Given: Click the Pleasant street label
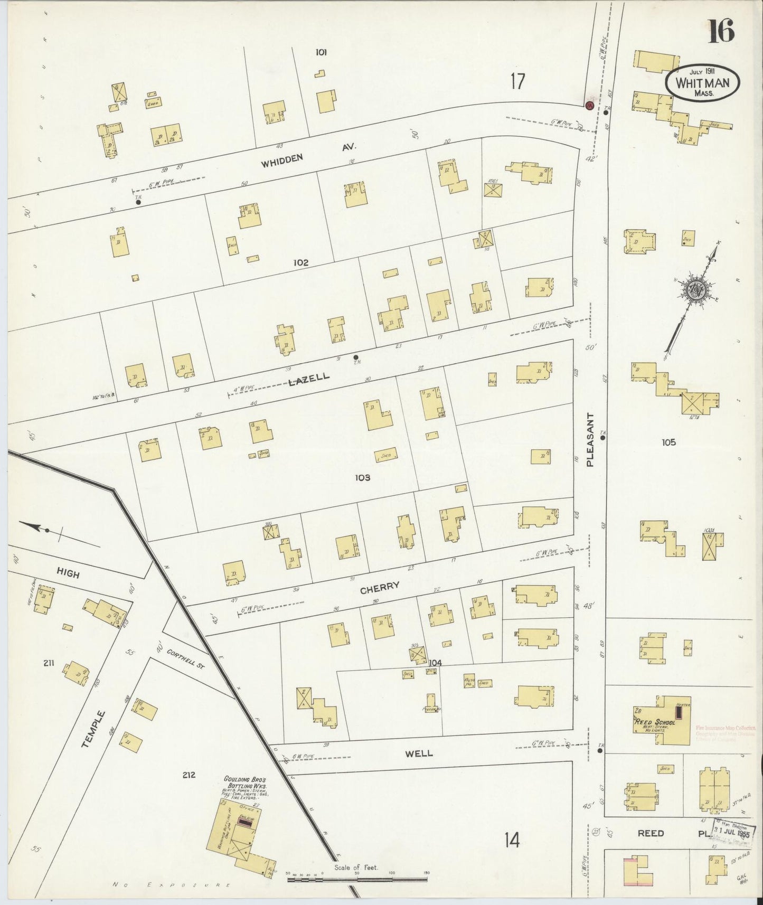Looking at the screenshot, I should point(590,439).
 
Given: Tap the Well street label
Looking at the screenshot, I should point(419,753).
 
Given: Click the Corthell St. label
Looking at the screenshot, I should point(185,659).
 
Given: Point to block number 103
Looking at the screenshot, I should point(362,477).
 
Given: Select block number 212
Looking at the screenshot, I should point(189,775).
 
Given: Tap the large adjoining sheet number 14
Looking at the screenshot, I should point(511,840).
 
